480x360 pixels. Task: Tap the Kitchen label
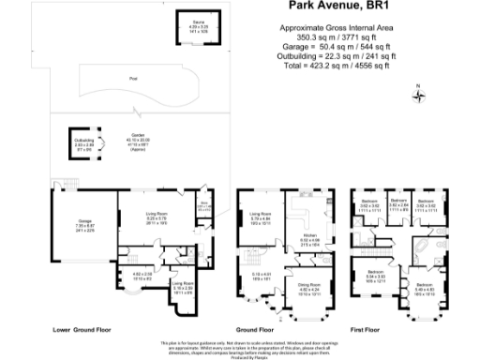coord(308,239)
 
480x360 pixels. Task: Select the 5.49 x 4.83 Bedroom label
coord(424,289)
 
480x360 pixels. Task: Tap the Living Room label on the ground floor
coord(260,221)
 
